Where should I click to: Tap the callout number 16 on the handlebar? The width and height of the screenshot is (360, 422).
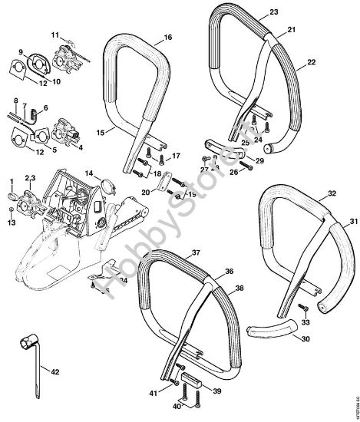pos(167,37)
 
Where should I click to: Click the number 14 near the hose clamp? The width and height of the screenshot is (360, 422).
pos(88,174)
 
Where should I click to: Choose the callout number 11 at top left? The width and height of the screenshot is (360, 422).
pos(55,36)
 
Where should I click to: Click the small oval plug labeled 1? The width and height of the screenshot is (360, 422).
pos(12,197)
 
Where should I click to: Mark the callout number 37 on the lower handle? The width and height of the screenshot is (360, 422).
pos(196,252)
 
